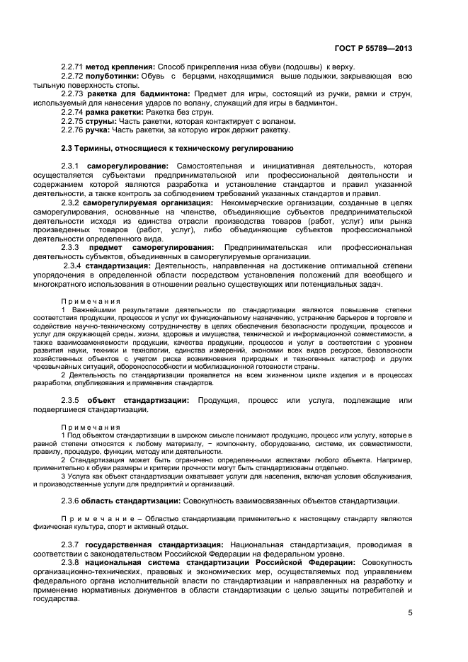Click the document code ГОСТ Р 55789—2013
(x=373, y=49)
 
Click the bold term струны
(x=101, y=120)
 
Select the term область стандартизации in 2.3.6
(x=127, y=501)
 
